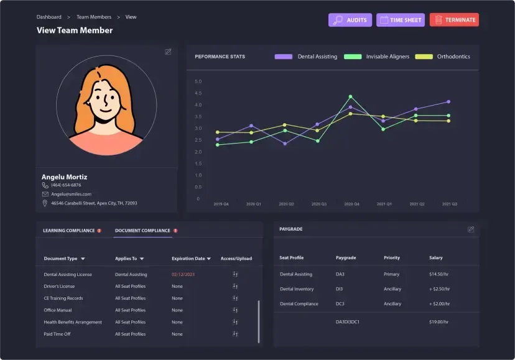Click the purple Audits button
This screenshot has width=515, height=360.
pyautogui.click(x=350, y=20)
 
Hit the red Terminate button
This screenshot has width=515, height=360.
pyautogui.click(x=454, y=20)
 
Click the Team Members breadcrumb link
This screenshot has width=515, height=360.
pyautogui.click(x=94, y=17)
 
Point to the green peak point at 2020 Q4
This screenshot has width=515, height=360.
pyautogui.click(x=351, y=96)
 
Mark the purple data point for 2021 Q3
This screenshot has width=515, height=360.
pyautogui.click(x=448, y=102)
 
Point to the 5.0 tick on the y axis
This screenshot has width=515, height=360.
pyautogui.click(x=198, y=81)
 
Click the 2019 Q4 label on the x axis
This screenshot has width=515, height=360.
pyautogui.click(x=221, y=204)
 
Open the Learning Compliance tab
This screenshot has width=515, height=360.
pyautogui.click(x=68, y=231)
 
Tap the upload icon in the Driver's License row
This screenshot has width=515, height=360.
pyautogui.click(x=235, y=286)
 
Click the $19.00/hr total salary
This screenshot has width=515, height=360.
pyautogui.click(x=439, y=321)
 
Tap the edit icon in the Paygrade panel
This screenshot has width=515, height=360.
pyautogui.click(x=471, y=229)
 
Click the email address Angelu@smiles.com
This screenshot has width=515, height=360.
pyautogui.click(x=72, y=194)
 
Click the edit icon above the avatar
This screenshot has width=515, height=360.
pyautogui.click(x=168, y=52)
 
